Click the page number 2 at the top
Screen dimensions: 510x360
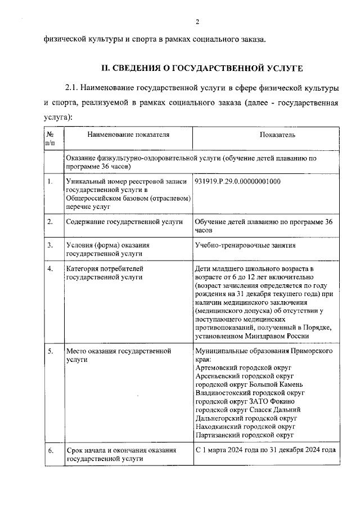coord(197,22)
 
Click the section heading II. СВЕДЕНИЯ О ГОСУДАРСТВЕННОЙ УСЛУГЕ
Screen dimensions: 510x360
coord(201,69)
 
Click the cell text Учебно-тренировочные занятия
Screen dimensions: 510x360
coord(245,245)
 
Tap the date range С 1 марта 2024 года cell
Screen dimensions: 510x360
coord(265,450)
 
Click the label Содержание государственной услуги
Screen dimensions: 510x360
coord(124,222)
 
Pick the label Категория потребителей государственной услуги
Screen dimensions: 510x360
coord(105,272)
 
